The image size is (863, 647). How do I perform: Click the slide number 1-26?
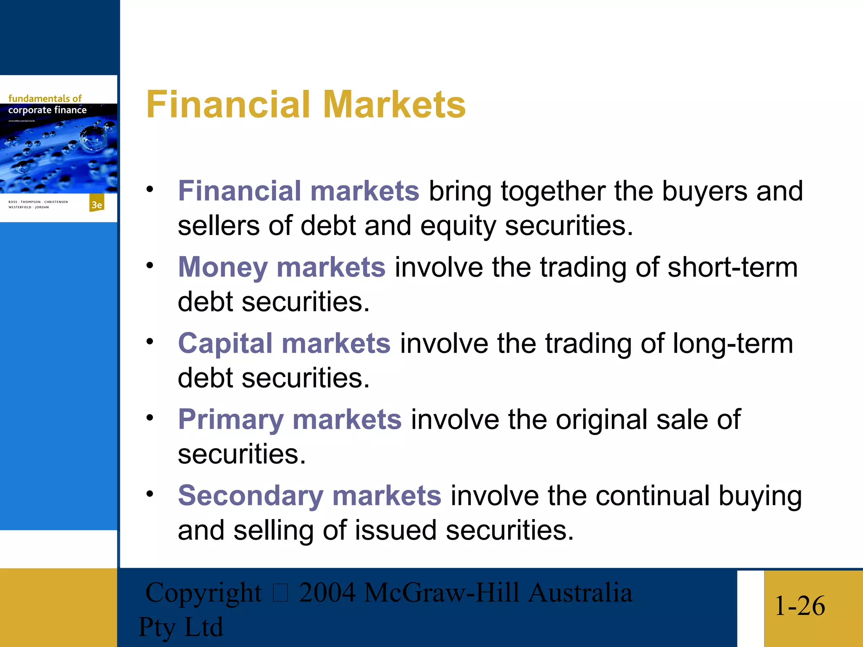tap(799, 606)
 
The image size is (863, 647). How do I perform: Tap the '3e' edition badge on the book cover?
tap(97, 205)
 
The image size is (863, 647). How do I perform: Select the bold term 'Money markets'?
tap(281, 267)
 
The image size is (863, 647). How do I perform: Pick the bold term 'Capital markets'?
tap(284, 343)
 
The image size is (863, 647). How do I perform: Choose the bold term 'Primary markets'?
tap(289, 420)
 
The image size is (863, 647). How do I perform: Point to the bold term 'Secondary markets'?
tap(309, 496)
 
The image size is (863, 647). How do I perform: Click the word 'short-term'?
tap(732, 267)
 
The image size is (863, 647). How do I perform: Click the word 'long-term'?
tap(732, 343)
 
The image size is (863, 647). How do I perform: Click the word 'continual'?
tap(652, 496)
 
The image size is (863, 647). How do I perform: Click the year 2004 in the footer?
tap(327, 593)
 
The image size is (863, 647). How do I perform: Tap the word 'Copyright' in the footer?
tap(203, 593)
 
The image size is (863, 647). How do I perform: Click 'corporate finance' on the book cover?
tap(47, 110)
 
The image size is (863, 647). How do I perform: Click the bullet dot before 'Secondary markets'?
tap(150, 494)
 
